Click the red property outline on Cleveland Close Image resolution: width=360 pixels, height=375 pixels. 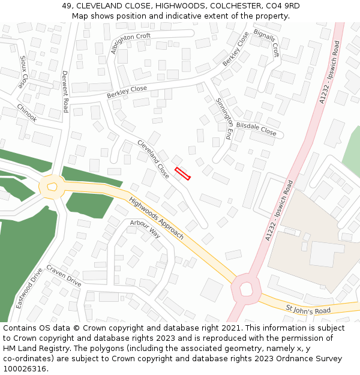pyautogui.click(x=182, y=174)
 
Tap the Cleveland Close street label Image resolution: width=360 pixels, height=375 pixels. pyautogui.click(x=154, y=159)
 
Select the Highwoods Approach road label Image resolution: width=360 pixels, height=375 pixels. pyautogui.click(x=156, y=218)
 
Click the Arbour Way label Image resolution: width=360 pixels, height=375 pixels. pyautogui.click(x=145, y=229)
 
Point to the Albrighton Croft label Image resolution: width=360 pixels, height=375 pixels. pyautogui.click(x=131, y=44)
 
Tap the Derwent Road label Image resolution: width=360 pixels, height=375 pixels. pyautogui.click(x=65, y=91)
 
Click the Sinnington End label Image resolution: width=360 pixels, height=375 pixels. pyautogui.click(x=224, y=118)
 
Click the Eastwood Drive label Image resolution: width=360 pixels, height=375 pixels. pyautogui.click(x=29, y=289)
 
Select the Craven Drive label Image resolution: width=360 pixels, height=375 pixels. pyautogui.click(x=64, y=275)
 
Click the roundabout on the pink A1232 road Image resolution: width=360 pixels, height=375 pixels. pyautogui.click(x=246, y=289)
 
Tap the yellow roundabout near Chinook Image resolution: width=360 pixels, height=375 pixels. pyautogui.click(x=52, y=187)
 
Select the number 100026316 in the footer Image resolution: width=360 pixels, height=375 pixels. pyautogui.click(x=24, y=369)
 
